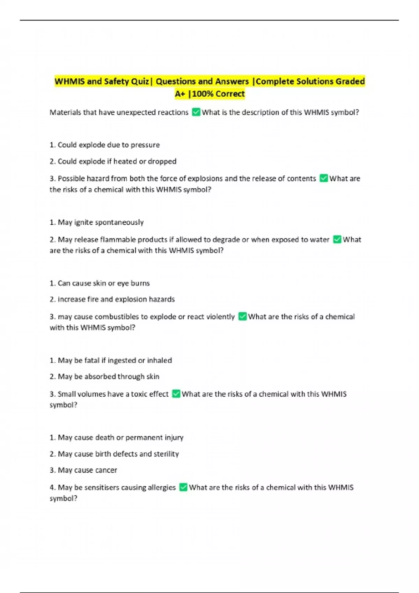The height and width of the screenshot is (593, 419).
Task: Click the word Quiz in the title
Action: pyautogui.click(x=140, y=81)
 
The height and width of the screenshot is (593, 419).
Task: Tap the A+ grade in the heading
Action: pyautogui.click(x=180, y=94)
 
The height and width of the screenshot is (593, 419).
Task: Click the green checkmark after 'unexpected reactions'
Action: pyautogui.click(x=196, y=112)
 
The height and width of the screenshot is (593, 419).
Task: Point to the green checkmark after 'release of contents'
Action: pyautogui.click(x=324, y=178)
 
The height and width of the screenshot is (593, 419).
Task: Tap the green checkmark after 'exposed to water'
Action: pyautogui.click(x=337, y=239)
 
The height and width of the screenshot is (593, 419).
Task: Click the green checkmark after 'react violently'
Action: pyautogui.click(x=242, y=316)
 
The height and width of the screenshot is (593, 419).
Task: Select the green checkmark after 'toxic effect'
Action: pyautogui.click(x=176, y=394)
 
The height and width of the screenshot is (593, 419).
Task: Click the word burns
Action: pyautogui.click(x=140, y=283)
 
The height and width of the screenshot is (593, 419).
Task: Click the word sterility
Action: pyautogui.click(x=166, y=453)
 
